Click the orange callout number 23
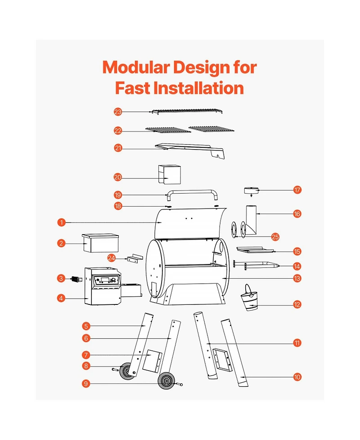pyautogui.click(x=118, y=112)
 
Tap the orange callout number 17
pyautogui.click(x=297, y=190)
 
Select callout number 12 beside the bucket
pyautogui.click(x=297, y=304)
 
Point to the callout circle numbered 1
pyautogui.click(x=61, y=222)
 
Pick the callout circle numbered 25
pyautogui.click(x=275, y=237)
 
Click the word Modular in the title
pyautogui.click(x=136, y=68)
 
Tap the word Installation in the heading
pyautogui.click(x=199, y=88)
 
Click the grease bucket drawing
pyautogui.click(x=249, y=298)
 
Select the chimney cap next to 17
pyautogui.click(x=251, y=191)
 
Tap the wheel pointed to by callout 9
pyautogui.click(x=166, y=381)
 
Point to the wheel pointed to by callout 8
pyautogui.click(x=128, y=371)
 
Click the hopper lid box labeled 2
pyautogui.click(x=100, y=243)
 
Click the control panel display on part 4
pyautogui.click(x=105, y=280)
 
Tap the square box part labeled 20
pyautogui.click(x=170, y=175)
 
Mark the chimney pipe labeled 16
pyautogui.click(x=251, y=220)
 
